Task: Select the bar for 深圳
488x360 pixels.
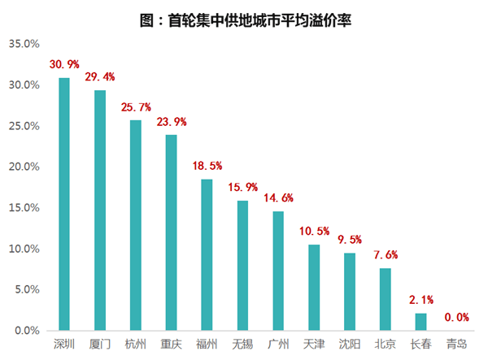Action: (64, 204)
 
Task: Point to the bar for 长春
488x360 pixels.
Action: (420, 322)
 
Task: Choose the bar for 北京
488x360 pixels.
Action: (385, 299)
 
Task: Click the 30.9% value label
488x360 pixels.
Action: (65, 63)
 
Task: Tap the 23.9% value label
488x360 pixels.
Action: (172, 121)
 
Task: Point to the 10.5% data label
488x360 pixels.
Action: (314, 231)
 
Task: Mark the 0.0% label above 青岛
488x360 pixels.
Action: (456, 317)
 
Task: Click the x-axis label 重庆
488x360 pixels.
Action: (171, 345)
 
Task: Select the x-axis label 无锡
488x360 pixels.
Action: (242, 345)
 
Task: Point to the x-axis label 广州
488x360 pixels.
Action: (278, 345)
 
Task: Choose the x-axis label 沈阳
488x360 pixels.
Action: (349, 345)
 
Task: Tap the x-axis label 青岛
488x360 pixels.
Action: (456, 345)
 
